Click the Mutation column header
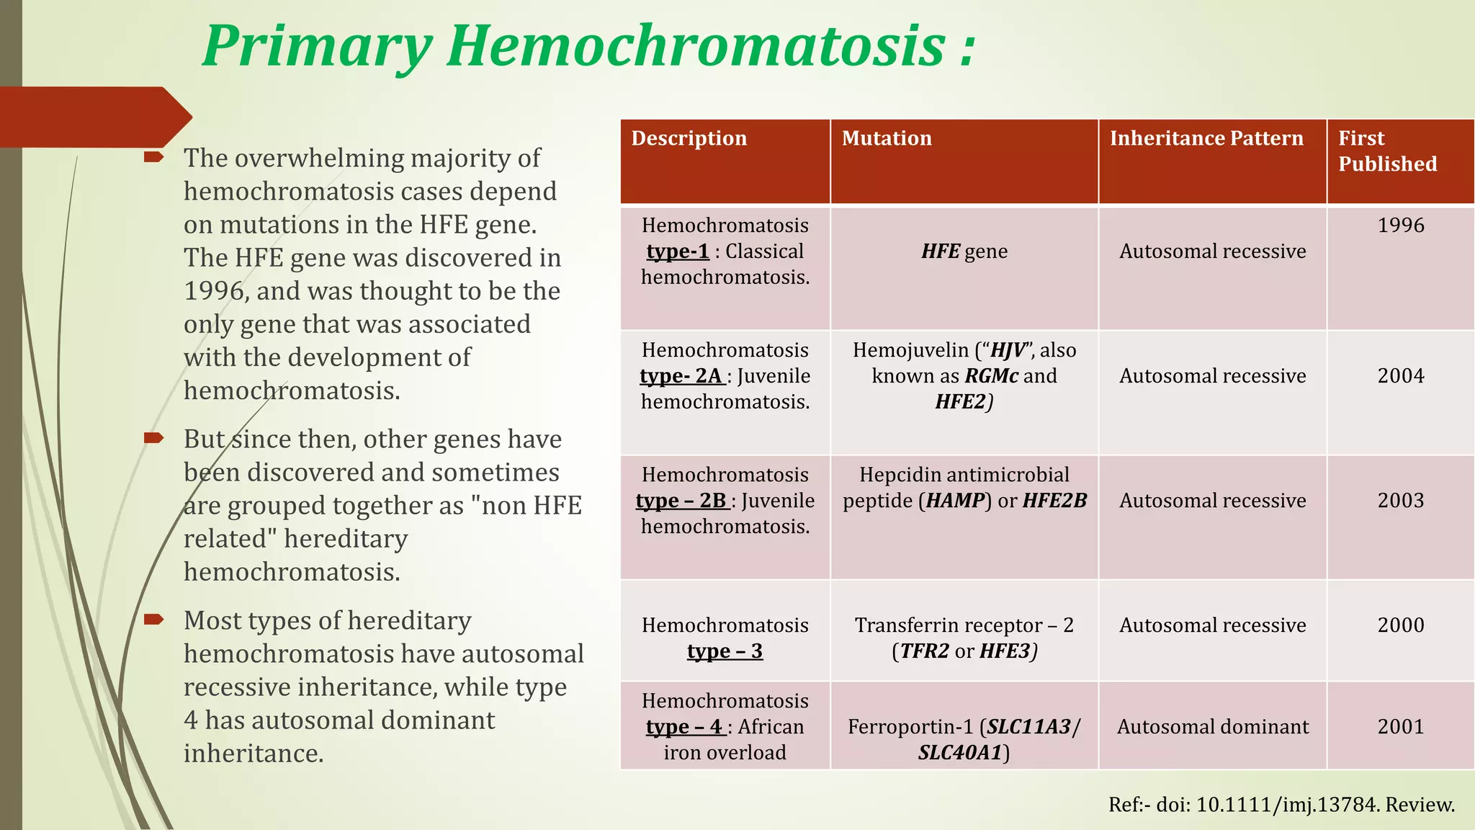(886, 138)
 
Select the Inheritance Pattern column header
(1206, 138)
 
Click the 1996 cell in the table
(1400, 226)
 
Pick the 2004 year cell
(1400, 376)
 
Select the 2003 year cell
(1400, 501)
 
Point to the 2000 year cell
(1400, 625)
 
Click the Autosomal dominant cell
(1212, 727)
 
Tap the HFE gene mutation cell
(964, 251)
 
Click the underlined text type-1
(677, 251)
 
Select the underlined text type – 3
(724, 651)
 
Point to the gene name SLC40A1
(960, 753)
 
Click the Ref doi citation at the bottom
(1281, 805)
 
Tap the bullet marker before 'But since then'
(153, 438)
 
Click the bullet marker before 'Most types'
(153, 620)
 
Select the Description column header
(689, 138)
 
